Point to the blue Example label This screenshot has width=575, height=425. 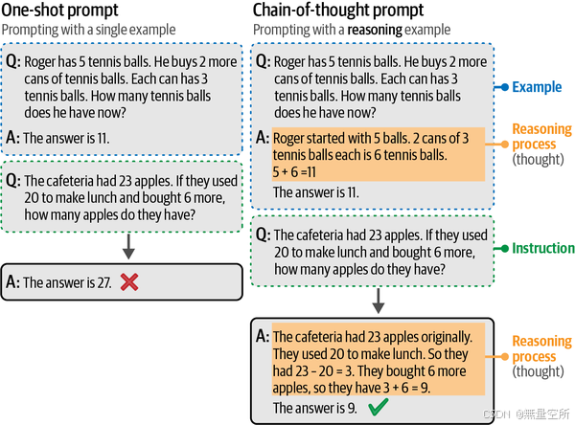(537, 88)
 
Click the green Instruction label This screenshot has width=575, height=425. (542, 248)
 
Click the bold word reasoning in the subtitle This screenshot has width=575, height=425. (377, 30)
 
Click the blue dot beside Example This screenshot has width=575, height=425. (500, 88)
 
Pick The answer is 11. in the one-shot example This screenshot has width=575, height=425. (66, 138)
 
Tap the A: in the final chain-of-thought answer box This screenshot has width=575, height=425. (263, 337)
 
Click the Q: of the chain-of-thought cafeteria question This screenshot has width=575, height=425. (263, 235)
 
